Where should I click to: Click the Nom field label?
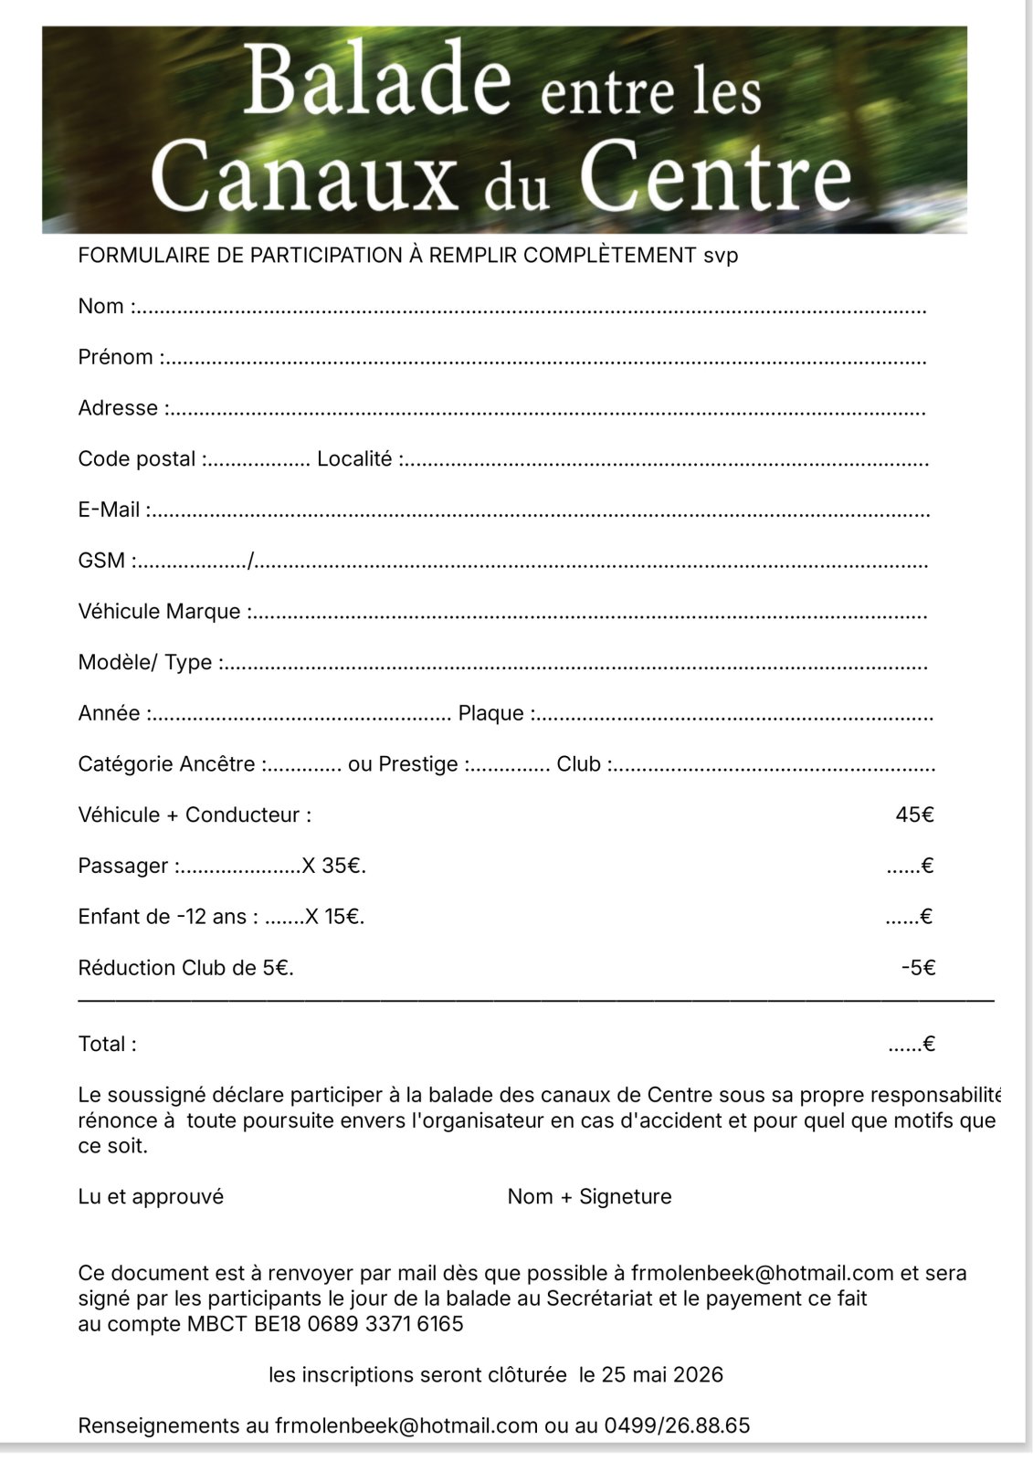[x=101, y=306]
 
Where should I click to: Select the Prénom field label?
[x=116, y=357]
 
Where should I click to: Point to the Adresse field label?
[x=119, y=408]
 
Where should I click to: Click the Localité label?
[x=354, y=458]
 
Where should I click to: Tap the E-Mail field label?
[x=110, y=510]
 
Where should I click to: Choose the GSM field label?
[x=101, y=561]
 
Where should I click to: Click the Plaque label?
[x=491, y=713]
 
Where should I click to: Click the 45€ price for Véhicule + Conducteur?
[x=915, y=815]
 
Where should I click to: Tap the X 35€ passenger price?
[x=333, y=866]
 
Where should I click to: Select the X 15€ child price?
[x=333, y=917]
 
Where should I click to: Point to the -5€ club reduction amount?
[x=918, y=968]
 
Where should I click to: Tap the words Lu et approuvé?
[x=151, y=1196]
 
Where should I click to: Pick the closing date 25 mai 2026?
[x=662, y=1374]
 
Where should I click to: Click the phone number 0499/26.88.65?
[x=677, y=1425]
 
